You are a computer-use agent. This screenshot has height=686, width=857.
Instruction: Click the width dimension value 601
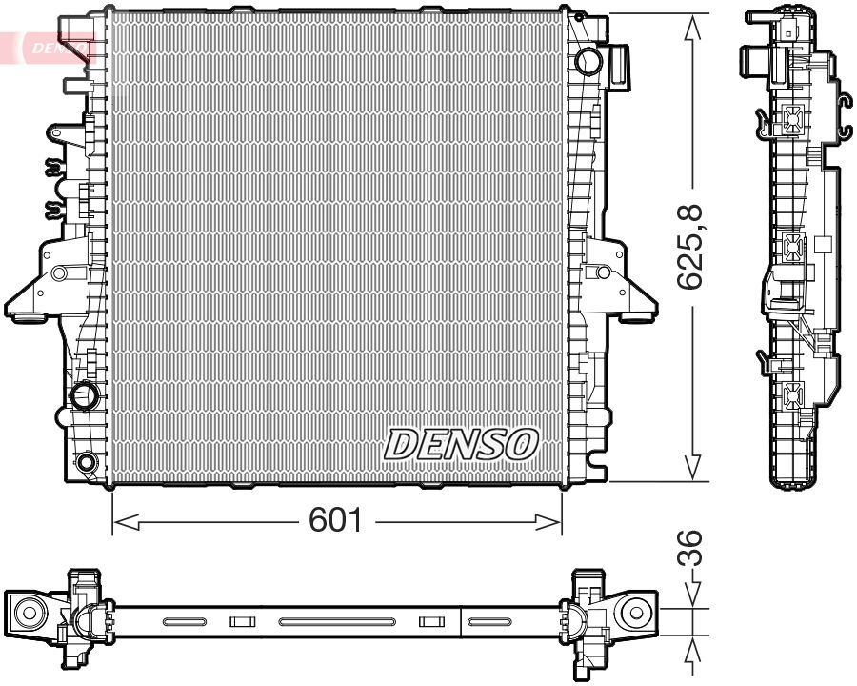pyautogui.click(x=335, y=520)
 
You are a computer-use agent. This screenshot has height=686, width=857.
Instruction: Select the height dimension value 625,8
pyautogui.click(x=692, y=248)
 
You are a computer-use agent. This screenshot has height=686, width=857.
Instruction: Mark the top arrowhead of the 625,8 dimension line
pyautogui.click(x=692, y=27)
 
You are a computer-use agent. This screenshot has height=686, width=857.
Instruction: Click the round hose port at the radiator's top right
pyautogui.click(x=589, y=62)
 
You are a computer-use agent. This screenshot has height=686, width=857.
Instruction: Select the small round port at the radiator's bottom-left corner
pyautogui.click(x=87, y=463)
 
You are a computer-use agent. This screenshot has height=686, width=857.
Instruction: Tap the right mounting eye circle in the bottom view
pyautogui.click(x=633, y=612)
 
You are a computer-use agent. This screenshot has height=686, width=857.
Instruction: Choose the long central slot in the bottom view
pyautogui.click(x=337, y=622)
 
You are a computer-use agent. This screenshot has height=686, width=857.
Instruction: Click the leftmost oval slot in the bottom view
pyautogui.click(x=184, y=622)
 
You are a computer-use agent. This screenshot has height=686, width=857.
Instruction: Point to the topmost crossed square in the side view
pyautogui.click(x=793, y=118)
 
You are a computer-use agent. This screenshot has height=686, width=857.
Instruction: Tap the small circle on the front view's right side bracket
pyautogui.click(x=602, y=272)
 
